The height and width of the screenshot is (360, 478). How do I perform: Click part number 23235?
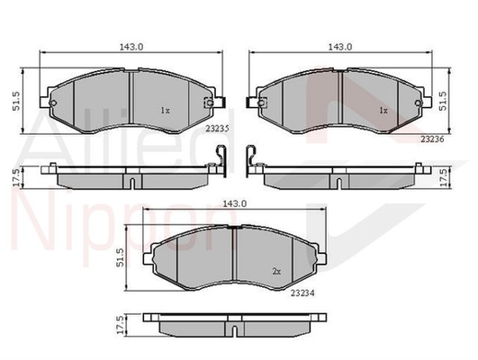tap(217, 129)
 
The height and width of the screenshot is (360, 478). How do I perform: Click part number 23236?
tap(432, 139)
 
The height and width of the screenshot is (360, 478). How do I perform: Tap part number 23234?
tap(302, 292)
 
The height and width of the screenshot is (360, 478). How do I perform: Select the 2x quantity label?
tap(276, 271)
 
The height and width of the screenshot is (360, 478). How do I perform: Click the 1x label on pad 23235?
tap(165, 111)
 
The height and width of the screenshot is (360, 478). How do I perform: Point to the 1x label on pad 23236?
tap(383, 111)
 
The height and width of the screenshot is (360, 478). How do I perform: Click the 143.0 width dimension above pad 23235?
tap(131, 47)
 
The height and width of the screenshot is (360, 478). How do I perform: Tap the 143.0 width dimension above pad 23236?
tap(340, 47)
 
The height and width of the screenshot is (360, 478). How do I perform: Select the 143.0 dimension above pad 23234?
tap(234, 203)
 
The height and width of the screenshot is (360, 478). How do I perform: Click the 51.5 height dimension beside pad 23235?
tap(16, 101)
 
